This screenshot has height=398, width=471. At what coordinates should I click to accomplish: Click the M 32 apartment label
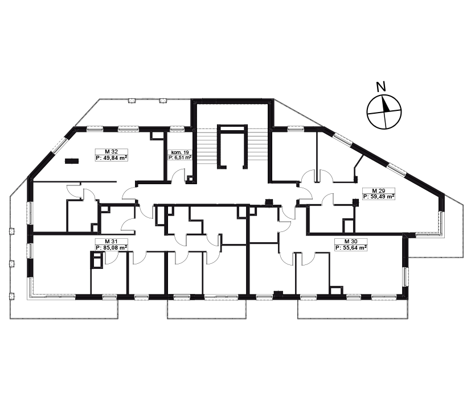[112, 152]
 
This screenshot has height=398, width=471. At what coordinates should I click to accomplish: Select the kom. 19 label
[179, 152]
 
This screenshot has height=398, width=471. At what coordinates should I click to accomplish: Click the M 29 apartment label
[379, 190]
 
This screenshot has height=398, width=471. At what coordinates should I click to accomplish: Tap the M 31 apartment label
[112, 242]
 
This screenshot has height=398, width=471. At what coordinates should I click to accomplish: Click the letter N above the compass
[381, 87]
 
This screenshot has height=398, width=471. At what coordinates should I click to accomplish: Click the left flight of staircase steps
[207, 146]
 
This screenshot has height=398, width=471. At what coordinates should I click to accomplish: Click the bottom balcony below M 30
[353, 309]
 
